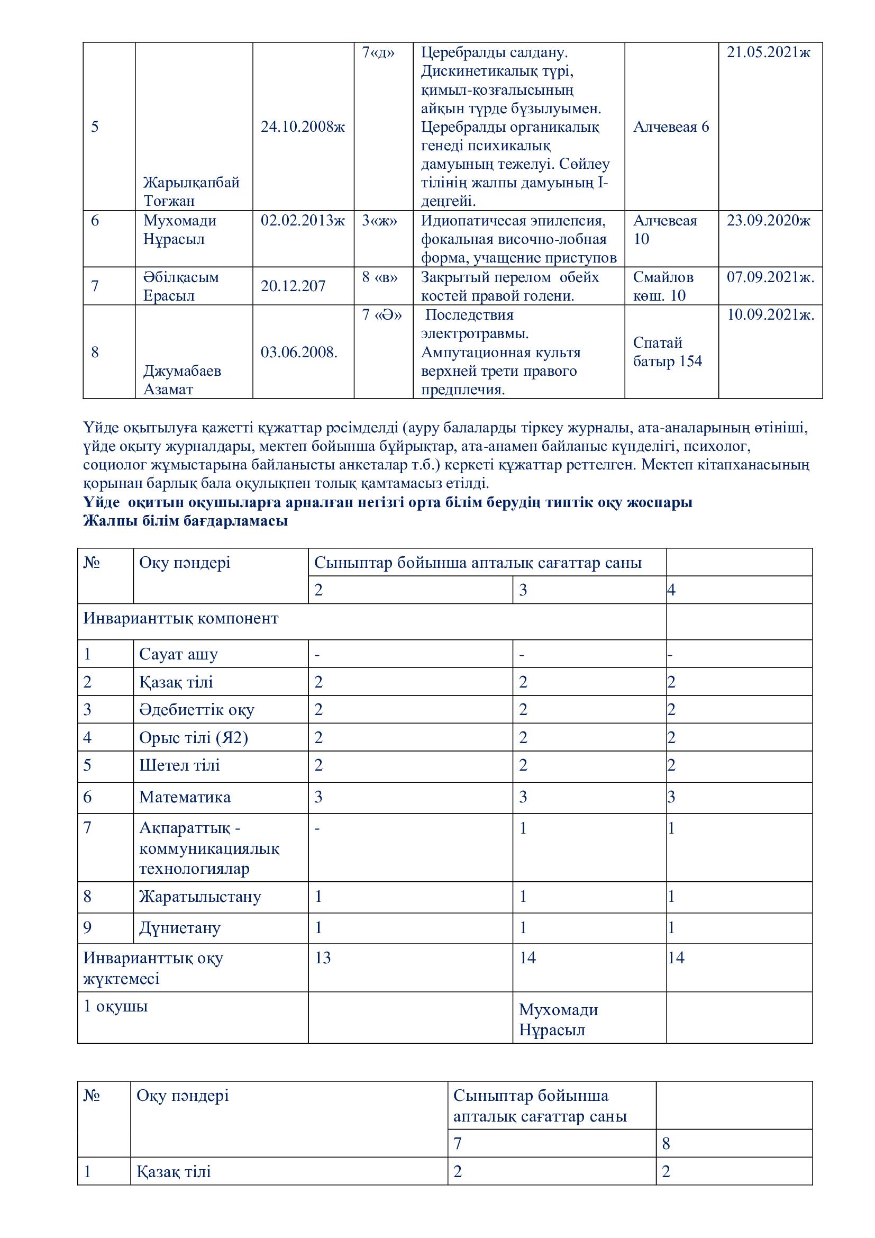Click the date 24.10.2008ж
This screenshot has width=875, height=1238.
(303, 126)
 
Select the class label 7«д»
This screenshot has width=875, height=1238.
(378, 53)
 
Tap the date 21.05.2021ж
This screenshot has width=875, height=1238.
(768, 53)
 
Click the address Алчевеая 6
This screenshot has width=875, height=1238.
(671, 126)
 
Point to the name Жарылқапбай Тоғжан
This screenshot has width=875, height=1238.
(192, 192)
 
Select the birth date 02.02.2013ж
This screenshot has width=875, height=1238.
(303, 221)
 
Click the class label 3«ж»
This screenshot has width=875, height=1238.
(379, 221)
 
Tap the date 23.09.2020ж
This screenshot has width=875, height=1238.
(768, 221)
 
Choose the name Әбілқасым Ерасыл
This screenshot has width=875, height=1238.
(181, 286)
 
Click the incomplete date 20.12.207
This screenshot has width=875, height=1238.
(293, 286)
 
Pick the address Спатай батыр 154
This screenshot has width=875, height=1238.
(667, 352)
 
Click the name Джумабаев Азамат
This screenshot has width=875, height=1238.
(182, 380)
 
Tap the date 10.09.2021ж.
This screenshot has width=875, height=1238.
(770, 315)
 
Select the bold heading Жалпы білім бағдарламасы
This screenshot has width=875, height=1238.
(185, 521)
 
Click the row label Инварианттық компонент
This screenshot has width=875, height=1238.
(180, 618)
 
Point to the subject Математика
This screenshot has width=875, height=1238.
(185, 798)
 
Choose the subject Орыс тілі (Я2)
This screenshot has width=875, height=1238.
(194, 738)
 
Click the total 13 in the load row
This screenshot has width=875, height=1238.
(323, 958)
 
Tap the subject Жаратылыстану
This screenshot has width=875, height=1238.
(200, 897)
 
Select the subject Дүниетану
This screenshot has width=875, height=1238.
(180, 928)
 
